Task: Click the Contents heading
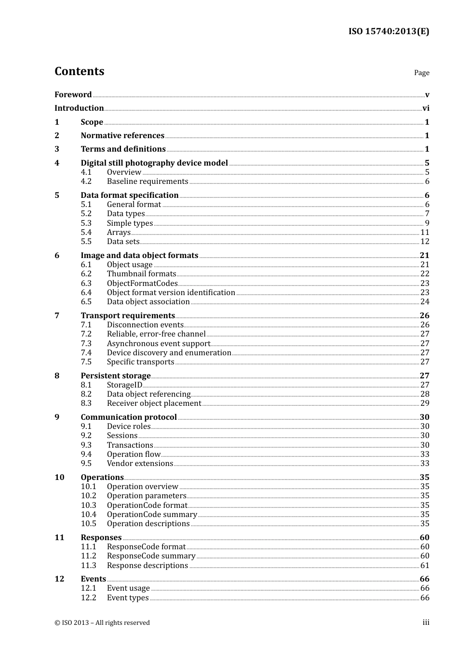tap(79, 71)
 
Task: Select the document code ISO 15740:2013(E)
tap(389, 32)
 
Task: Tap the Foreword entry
tap(73, 95)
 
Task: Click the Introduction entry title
tap(79, 108)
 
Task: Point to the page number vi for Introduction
tap(426, 108)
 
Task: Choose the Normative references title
tap(122, 136)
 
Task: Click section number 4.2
tap(86, 181)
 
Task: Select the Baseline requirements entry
tap(148, 181)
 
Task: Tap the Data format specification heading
tap(130, 195)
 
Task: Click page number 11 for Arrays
tap(425, 233)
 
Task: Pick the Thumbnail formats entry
tap(141, 274)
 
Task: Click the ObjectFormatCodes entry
tap(142, 284)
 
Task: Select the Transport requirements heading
tap(128, 316)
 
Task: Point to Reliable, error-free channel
tap(156, 334)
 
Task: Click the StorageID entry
tap(124, 385)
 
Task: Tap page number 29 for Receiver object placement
tap(425, 403)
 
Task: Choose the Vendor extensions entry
tap(140, 464)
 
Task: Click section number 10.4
tap(88, 515)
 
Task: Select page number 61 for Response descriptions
tap(425, 566)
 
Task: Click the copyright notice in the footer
tap(102, 623)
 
